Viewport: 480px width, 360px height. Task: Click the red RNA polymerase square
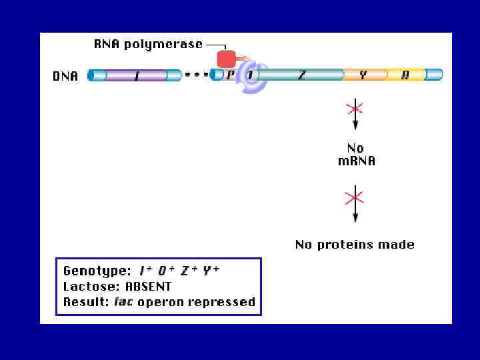[226, 59]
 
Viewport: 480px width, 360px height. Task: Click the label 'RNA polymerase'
[147, 44]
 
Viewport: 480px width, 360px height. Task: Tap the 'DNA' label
[65, 76]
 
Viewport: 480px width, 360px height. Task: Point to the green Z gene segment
[303, 75]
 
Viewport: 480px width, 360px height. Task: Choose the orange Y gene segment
[363, 75]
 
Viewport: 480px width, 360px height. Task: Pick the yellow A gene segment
[405, 75]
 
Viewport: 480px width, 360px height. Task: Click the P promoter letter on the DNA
[230, 75]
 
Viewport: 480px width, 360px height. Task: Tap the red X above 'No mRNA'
[355, 108]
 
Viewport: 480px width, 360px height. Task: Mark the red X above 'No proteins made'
[355, 197]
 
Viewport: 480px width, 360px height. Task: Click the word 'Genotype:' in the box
[97, 271]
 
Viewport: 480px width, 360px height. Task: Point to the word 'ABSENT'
[148, 287]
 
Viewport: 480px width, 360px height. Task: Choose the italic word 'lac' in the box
[123, 302]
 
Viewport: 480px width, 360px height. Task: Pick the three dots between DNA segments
[196, 74]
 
